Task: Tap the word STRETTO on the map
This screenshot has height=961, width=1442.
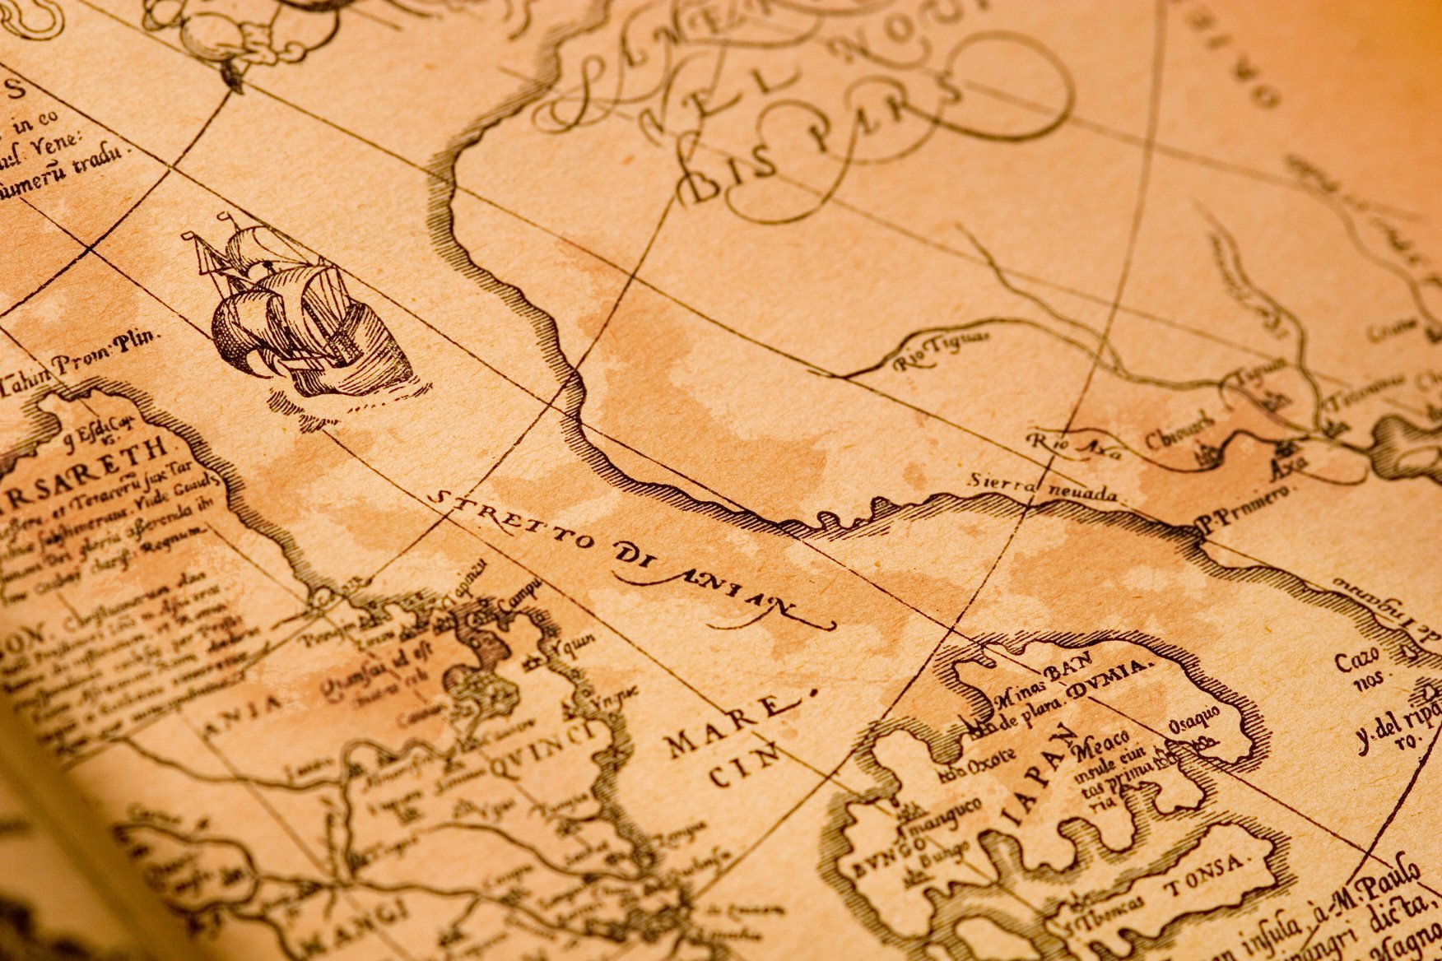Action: (510, 522)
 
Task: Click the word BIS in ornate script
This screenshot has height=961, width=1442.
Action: (724, 177)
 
